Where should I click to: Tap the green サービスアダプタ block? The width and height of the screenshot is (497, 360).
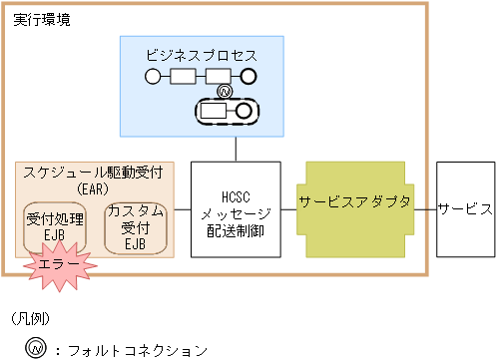(x=354, y=209)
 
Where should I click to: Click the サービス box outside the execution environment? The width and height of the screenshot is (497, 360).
(x=465, y=209)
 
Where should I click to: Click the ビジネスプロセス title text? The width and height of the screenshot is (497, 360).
(x=201, y=55)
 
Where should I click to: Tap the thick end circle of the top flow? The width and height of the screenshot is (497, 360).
(x=248, y=76)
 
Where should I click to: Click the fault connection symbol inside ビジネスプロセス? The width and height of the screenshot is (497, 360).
(x=225, y=93)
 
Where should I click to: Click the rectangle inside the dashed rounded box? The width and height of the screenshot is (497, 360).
(x=215, y=111)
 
